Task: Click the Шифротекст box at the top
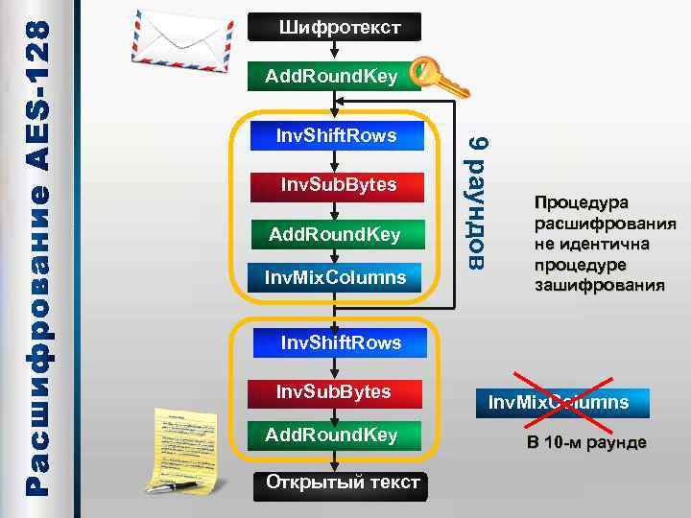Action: click(334, 27)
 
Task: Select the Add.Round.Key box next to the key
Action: click(332, 77)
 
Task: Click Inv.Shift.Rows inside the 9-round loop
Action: click(335, 136)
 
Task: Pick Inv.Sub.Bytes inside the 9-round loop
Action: click(337, 184)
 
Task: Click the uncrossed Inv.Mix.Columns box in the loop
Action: click(336, 278)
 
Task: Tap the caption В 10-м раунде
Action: click(584, 443)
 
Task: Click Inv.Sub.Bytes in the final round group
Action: click(333, 391)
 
